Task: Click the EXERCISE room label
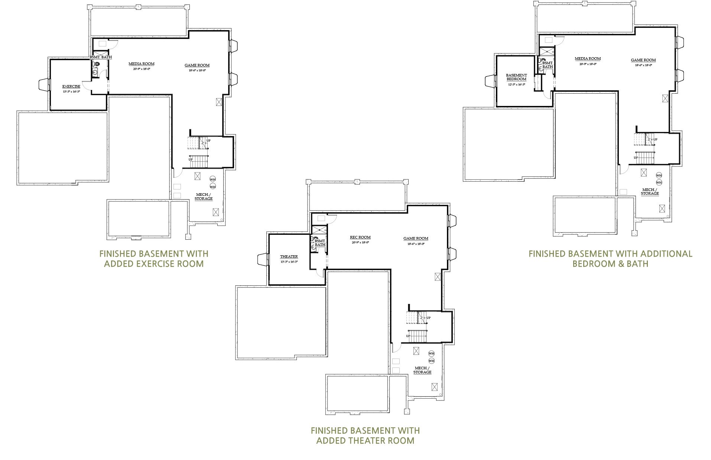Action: (71, 87)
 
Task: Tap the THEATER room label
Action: (289, 257)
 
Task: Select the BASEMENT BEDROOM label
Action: (516, 77)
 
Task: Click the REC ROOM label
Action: (360, 237)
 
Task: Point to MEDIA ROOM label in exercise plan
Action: (141, 64)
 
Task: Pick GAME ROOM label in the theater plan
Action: (416, 239)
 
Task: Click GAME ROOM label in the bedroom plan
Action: (643, 60)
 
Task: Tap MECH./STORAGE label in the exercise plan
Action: (204, 197)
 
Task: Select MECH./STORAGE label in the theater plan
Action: (422, 370)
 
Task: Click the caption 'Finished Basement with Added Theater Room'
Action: (365, 435)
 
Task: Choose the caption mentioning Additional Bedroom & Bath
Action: (610, 259)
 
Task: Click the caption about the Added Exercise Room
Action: (154, 259)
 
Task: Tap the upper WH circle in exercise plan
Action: (212, 179)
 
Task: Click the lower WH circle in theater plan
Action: (431, 361)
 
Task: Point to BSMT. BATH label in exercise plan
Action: (101, 57)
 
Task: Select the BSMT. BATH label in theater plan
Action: (320, 243)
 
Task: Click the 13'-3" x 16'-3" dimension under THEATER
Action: (289, 262)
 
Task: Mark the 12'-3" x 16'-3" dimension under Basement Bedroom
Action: (516, 85)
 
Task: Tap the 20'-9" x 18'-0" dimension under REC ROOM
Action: (360, 242)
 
